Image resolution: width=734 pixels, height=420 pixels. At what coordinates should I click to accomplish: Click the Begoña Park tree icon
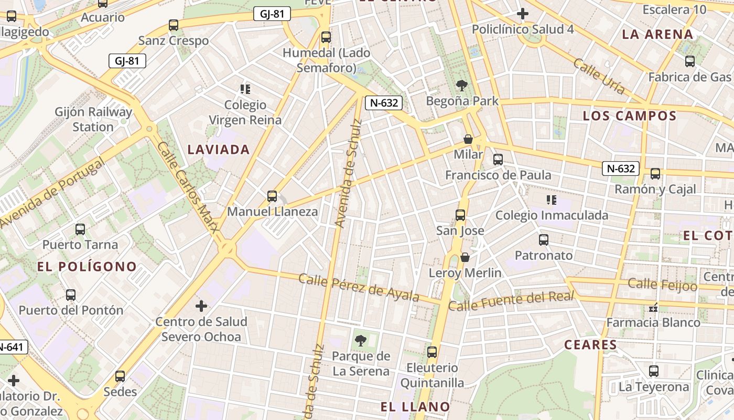(461, 85)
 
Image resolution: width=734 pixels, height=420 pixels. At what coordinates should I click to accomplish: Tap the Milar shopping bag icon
(468, 139)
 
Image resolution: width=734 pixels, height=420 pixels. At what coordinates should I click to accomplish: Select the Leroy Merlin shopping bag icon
(465, 257)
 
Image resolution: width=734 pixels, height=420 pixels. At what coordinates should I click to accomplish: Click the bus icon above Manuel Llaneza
(272, 196)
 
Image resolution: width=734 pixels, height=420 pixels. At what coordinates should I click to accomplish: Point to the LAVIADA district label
(219, 150)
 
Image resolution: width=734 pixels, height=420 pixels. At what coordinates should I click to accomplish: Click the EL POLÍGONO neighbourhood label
(87, 267)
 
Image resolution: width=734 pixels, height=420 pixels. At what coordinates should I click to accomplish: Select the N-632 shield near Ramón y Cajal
(621, 169)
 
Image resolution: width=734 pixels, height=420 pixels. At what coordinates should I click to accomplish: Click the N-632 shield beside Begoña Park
(384, 103)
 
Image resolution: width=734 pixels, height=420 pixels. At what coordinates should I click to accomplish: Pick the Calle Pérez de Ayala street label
(359, 287)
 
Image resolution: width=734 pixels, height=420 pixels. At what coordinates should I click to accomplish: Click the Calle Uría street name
(599, 77)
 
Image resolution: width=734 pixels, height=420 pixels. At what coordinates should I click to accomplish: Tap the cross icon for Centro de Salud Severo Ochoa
(201, 306)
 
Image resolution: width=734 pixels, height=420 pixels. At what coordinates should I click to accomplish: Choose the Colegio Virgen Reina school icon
(245, 89)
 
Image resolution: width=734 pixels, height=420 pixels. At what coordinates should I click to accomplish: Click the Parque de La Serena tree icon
(360, 341)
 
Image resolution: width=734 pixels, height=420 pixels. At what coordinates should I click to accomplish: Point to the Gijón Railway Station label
(93, 119)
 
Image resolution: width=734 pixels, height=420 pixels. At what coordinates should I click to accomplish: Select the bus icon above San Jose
(460, 215)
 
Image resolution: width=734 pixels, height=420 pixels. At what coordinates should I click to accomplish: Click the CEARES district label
(590, 345)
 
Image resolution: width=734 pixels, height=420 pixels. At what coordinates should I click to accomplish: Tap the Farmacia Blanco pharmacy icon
(653, 307)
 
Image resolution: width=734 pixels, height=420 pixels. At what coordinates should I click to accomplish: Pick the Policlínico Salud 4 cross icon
(522, 14)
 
